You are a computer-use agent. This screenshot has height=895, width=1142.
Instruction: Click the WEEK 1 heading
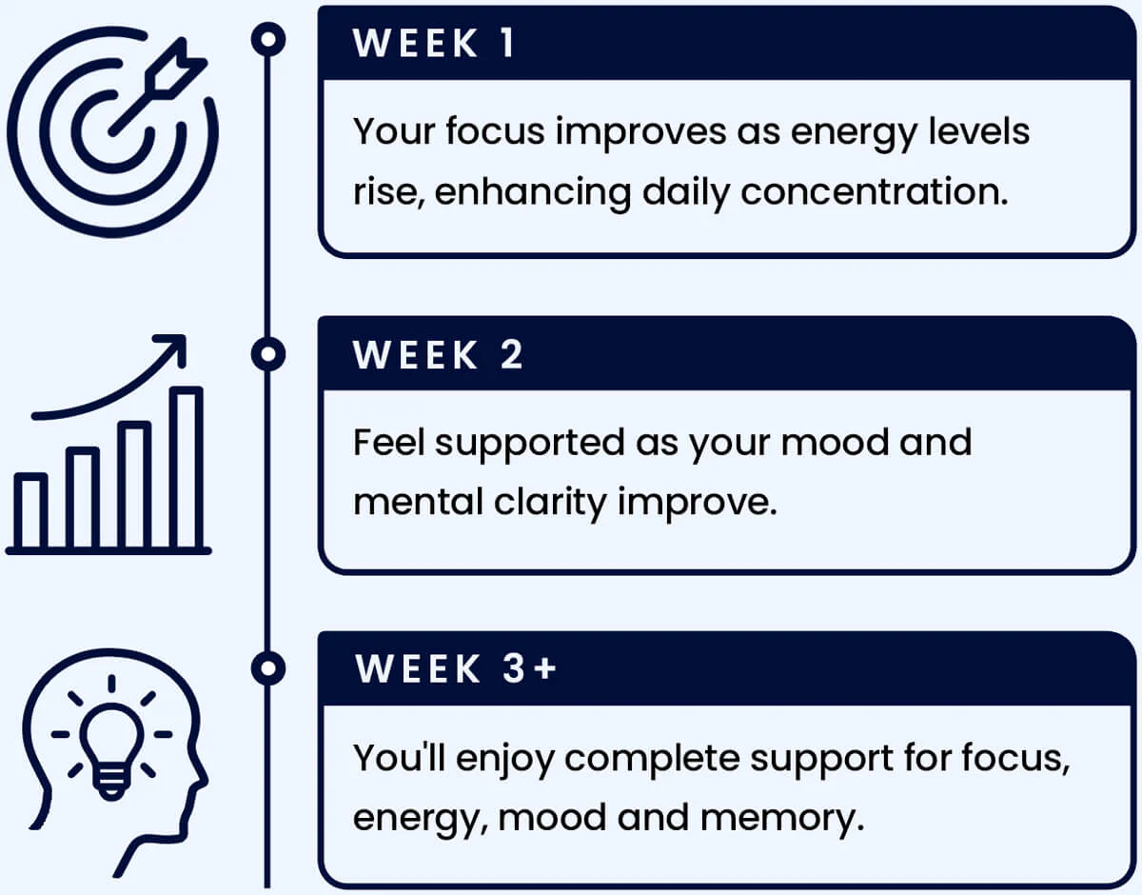tap(434, 43)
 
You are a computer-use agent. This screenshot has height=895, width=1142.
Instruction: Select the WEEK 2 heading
tap(438, 355)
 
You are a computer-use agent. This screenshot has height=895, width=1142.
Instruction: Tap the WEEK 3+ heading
tap(455, 668)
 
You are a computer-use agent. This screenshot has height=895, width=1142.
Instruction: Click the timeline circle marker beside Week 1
tap(268, 39)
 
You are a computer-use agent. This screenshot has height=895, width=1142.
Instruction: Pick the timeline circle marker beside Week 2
tap(268, 354)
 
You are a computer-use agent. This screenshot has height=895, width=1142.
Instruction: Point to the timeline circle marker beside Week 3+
tap(268, 668)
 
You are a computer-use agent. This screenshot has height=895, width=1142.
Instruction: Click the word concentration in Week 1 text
tap(875, 191)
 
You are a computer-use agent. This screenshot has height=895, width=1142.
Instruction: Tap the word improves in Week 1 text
tap(640, 131)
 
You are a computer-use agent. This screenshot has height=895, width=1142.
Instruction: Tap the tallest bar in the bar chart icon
tap(187, 467)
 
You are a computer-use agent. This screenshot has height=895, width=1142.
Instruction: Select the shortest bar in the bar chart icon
tap(31, 511)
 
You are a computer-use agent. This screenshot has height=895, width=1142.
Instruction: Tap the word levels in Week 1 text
tap(978, 130)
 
